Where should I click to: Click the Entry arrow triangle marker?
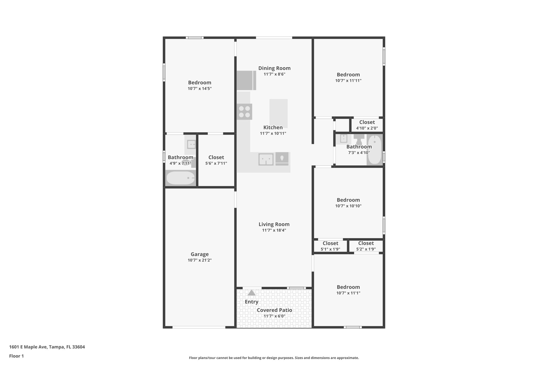[251, 293]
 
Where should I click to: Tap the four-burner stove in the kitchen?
[244, 112]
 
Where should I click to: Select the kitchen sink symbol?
[266, 159]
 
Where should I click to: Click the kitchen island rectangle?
[279, 113]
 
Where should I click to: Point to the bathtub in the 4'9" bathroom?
[180, 178]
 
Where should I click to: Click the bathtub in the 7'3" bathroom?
[375, 149]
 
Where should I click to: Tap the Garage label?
[200, 254]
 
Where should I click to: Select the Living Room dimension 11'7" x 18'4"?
[274, 230]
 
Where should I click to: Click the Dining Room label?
[274, 68]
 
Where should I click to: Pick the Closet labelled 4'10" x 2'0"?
[367, 125]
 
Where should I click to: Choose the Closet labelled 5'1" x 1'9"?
[330, 246]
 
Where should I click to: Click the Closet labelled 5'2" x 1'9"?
[366, 246]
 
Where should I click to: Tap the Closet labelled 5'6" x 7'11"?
[216, 160]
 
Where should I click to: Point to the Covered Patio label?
[274, 310]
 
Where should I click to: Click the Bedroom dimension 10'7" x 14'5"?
[200, 89]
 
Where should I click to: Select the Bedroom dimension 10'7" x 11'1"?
[348, 293]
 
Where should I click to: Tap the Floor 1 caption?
[16, 356]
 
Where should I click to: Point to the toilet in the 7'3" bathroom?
[359, 139]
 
